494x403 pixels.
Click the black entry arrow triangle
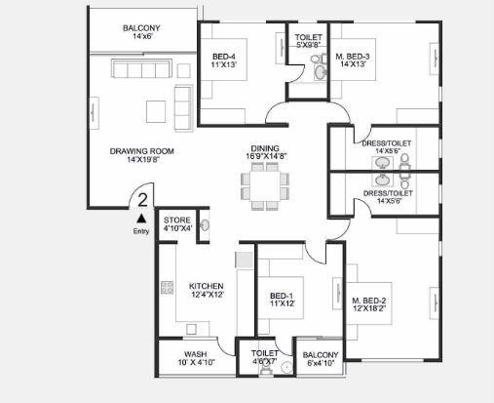coord(140,220)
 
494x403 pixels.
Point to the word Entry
coord(141,232)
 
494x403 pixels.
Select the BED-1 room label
coord(282,299)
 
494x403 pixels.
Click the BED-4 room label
coord(224,61)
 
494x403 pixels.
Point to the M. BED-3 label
coord(353,61)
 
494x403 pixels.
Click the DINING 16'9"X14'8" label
coord(264,152)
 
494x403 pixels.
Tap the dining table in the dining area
coord(265,182)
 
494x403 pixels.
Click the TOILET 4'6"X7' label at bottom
coord(264,357)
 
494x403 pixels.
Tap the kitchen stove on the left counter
coord(167,288)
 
